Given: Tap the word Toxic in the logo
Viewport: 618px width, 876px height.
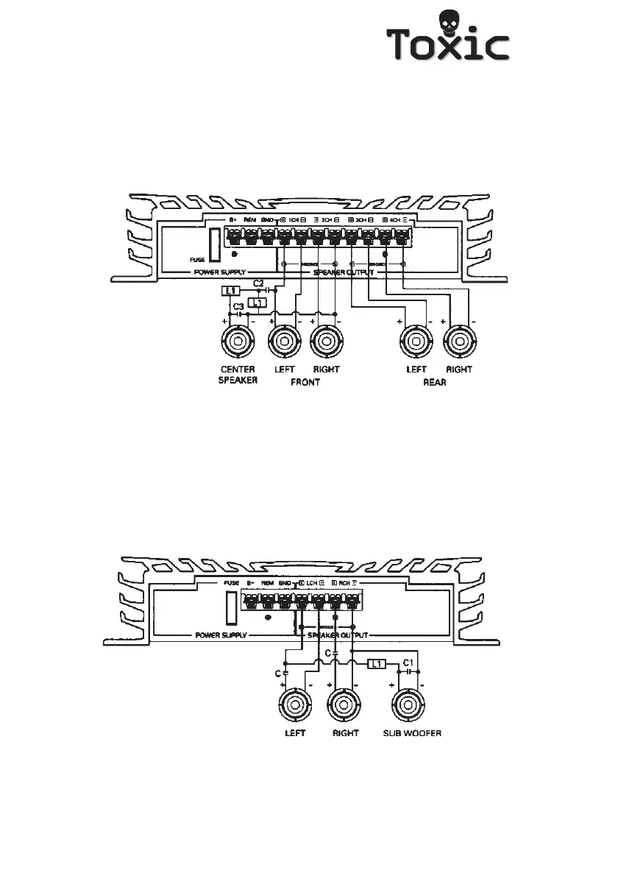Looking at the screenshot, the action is [449, 46].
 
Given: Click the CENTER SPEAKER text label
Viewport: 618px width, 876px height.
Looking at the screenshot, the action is [238, 375].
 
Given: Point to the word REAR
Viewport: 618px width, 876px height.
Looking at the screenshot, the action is [435, 382].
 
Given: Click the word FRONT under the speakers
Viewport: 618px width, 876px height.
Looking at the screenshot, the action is [305, 382].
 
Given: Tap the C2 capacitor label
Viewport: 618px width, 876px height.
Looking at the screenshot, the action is [258, 283].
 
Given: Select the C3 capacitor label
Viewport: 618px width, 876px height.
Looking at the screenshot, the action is [238, 305].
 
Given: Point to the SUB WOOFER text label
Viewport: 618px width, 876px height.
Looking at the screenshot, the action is [412, 733].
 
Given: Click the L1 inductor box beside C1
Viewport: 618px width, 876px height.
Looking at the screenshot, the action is [376, 665].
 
